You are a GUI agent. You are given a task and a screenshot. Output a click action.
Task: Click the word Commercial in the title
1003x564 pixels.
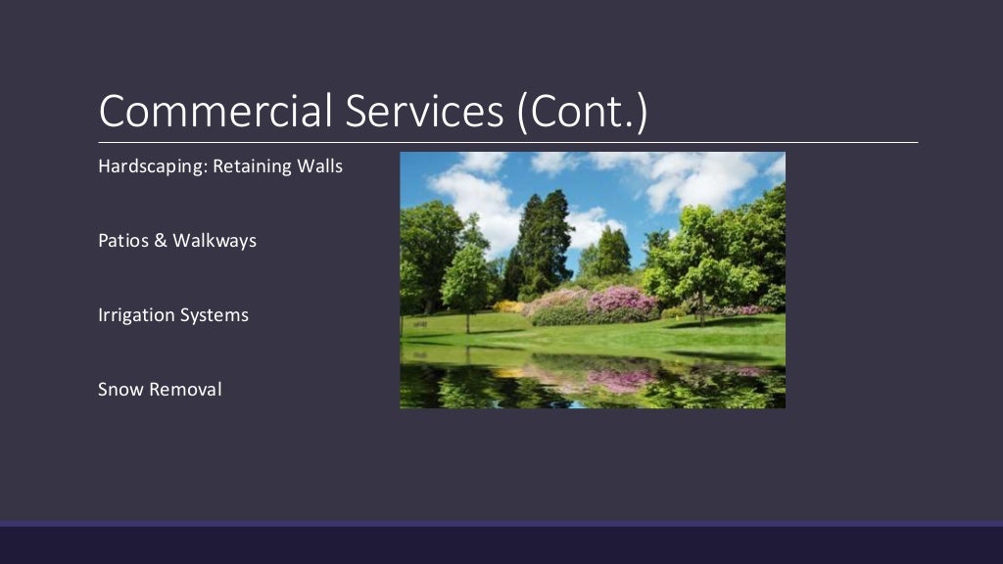(x=215, y=111)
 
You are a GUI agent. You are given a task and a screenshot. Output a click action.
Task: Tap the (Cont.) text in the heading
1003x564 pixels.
(x=583, y=111)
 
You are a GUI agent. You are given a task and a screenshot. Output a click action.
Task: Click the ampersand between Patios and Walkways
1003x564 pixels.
(x=161, y=241)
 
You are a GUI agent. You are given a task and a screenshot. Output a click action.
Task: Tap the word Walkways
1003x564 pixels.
(x=215, y=241)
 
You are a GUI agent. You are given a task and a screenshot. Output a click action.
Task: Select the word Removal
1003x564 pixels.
(x=185, y=390)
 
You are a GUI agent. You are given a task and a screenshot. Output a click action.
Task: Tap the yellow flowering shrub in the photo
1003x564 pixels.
(x=507, y=306)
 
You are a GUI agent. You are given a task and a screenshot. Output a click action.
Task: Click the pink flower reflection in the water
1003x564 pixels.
(x=622, y=379)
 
